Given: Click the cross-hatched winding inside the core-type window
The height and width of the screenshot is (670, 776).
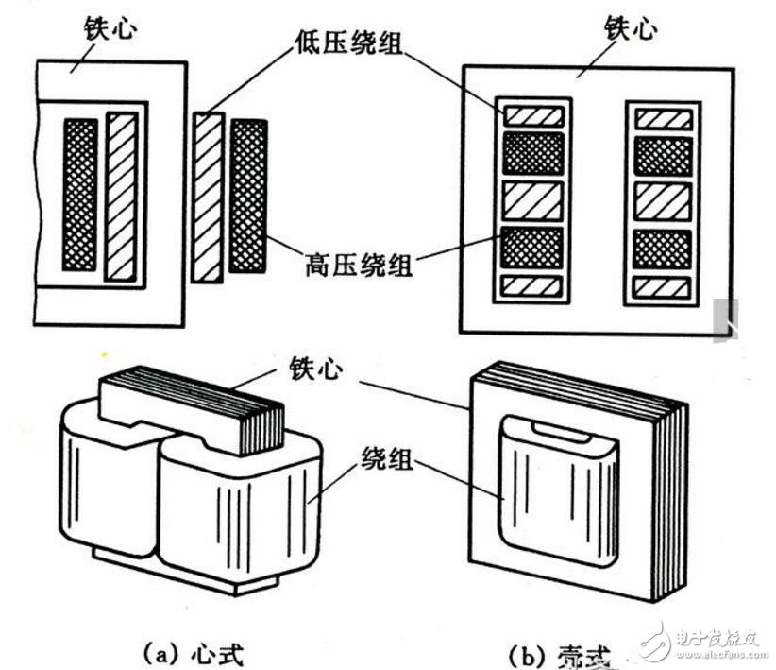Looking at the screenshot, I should click(x=80, y=194).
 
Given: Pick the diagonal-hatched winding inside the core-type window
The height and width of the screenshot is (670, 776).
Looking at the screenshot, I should click(x=121, y=196).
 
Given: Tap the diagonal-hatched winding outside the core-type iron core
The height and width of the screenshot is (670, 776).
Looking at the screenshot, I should click(x=208, y=197).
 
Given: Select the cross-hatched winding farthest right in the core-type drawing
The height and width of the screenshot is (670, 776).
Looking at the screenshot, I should click(x=248, y=197).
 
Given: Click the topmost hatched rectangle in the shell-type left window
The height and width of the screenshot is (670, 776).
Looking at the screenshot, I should click(x=532, y=116).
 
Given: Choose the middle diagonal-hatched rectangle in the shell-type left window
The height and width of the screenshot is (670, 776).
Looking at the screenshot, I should click(x=532, y=200).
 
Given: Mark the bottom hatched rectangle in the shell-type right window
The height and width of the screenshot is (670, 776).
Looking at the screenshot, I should click(x=663, y=287).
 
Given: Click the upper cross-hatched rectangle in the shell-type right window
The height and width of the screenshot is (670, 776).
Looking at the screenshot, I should click(x=663, y=155).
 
